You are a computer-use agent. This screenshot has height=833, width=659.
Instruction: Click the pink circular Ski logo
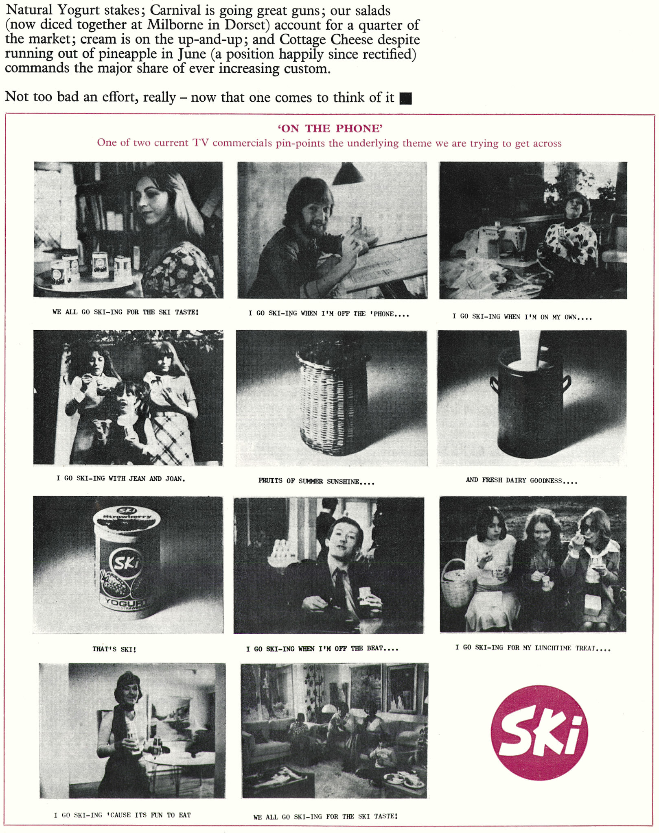(539, 733)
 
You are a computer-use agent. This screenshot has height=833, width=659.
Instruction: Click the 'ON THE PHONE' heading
(330, 129)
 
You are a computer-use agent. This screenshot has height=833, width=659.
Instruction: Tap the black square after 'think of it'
(405, 98)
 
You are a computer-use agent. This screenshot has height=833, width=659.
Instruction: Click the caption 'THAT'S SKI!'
(114, 649)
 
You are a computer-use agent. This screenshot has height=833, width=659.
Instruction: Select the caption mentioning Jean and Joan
(121, 479)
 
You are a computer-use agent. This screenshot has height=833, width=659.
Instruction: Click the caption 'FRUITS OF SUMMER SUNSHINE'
(316, 481)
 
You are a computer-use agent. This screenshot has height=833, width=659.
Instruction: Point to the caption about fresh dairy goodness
(521, 480)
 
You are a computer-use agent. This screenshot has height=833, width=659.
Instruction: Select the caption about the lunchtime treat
(532, 648)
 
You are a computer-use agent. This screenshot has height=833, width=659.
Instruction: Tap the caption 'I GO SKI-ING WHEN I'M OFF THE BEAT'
(322, 649)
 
